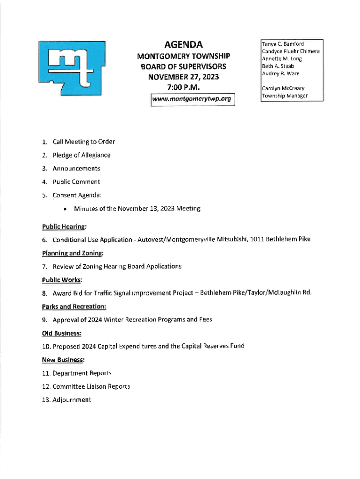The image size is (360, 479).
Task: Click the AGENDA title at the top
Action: point(183,45)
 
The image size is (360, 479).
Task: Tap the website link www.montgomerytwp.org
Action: point(192,99)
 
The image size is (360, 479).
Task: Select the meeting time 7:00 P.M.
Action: point(183,87)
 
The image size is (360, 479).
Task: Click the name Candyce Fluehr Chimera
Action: point(290,51)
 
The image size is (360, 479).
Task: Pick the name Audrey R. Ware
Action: point(281,74)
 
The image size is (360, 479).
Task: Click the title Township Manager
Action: point(284,96)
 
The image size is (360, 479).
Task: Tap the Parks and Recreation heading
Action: point(74,307)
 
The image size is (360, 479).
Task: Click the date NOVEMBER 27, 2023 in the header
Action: point(183,77)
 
